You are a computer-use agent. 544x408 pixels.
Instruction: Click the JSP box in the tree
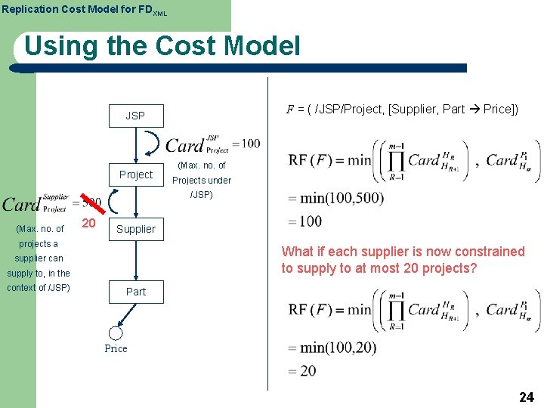coord(135,116)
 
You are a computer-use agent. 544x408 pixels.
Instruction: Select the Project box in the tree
coord(135,175)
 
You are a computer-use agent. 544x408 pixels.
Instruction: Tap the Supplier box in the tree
coord(136,229)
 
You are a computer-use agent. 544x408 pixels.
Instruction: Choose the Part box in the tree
coord(136,292)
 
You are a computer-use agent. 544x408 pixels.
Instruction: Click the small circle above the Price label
coord(116,332)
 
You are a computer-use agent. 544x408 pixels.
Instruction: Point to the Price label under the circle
coord(116,348)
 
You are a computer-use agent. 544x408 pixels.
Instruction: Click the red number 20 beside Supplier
coord(88,224)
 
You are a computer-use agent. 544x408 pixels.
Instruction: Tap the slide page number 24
coord(527,397)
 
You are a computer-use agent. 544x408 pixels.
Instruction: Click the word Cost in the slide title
coord(178,47)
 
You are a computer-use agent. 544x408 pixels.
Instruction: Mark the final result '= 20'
coord(302,371)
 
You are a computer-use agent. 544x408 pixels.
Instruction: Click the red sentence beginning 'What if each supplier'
coord(403,259)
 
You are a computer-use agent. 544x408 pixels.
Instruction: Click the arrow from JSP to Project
coord(136,144)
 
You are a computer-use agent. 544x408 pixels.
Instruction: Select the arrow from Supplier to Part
coord(136,260)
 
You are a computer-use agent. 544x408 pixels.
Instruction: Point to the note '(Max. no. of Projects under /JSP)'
coord(201,180)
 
